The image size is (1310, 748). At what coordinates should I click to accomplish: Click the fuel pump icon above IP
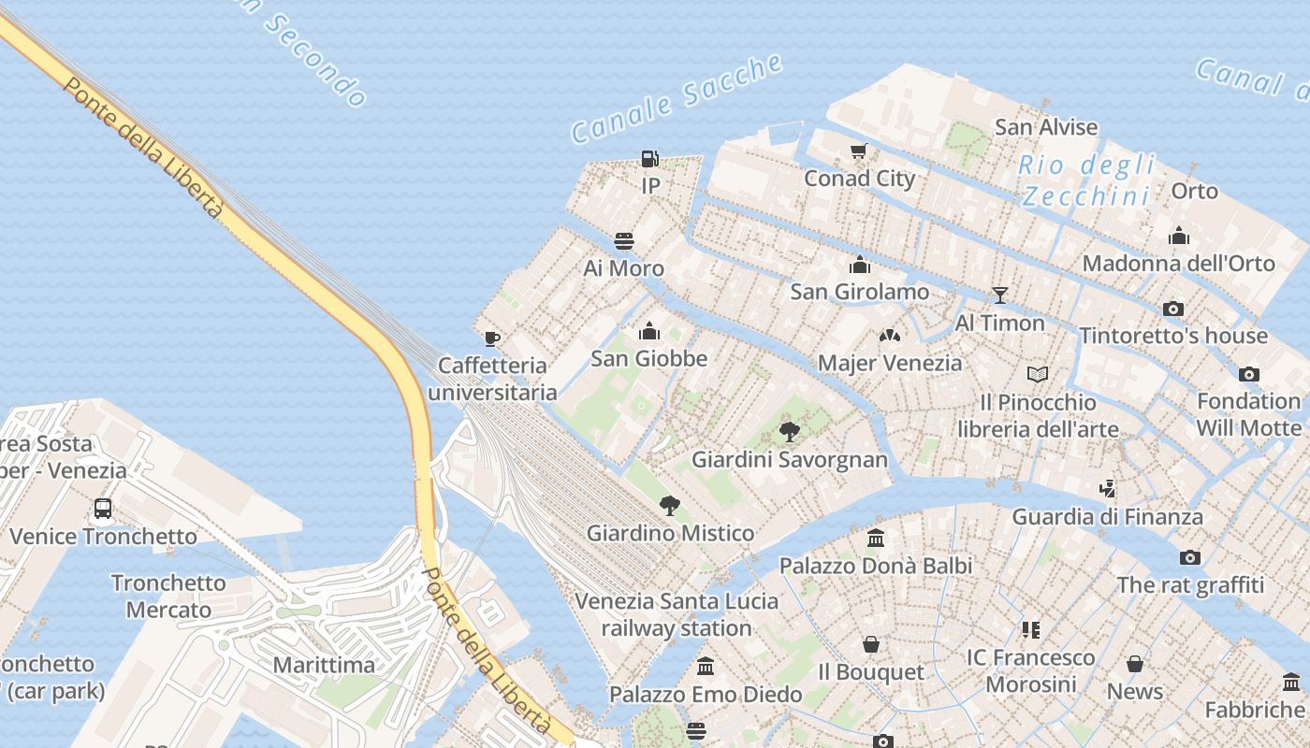coord(649,159)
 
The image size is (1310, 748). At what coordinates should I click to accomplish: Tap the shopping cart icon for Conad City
coord(859,151)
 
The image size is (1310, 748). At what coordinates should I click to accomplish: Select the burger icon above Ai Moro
coord(624,241)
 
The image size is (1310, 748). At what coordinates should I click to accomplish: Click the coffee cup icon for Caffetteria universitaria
coord(492,338)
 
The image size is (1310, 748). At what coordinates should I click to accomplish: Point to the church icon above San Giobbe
coord(648,331)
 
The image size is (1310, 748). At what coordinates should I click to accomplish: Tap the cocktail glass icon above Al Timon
coord(999,295)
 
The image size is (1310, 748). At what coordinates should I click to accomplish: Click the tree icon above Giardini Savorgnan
coord(790,431)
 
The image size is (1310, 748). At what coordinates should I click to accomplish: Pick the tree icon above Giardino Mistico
coord(669,506)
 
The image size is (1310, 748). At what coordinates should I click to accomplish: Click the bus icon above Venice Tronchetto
coord(103,509)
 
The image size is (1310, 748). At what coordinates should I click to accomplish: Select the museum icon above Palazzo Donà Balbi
coord(876,538)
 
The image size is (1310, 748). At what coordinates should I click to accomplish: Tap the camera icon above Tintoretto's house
coord(1172,309)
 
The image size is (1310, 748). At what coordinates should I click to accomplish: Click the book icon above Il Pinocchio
coord(1037,375)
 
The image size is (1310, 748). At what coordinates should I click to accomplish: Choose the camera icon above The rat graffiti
coord(1189,558)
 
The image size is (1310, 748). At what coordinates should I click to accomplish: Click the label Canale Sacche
coord(677,98)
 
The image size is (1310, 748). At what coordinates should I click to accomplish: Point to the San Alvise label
coord(1046,127)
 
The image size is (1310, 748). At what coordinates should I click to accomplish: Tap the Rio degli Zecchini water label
coord(1085,181)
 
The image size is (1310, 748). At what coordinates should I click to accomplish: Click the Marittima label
coord(324,666)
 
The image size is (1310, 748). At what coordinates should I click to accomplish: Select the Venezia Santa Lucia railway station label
coord(677,614)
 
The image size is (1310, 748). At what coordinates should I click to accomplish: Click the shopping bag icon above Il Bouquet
coord(871,644)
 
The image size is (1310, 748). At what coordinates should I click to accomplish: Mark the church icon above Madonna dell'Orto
coord(1179,236)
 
